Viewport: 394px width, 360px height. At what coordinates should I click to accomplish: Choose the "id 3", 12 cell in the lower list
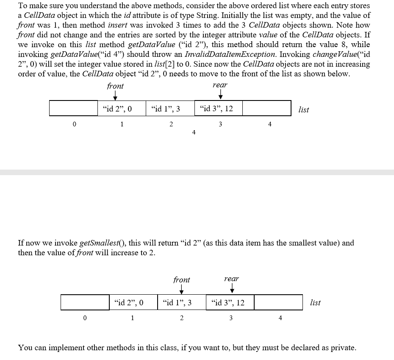pyautogui.click(x=230, y=302)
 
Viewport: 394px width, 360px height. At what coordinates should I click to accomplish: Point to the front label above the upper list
pyautogui.click(x=115, y=86)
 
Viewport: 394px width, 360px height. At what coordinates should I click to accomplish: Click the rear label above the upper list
pyautogui.click(x=220, y=85)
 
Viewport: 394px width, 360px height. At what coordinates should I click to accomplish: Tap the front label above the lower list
pyautogui.click(x=182, y=280)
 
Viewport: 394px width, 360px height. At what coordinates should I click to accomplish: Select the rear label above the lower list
pyautogui.click(x=231, y=279)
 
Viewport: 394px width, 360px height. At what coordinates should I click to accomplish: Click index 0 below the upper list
pyautogui.click(x=74, y=124)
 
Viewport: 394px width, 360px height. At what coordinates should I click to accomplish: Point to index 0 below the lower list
pyautogui.click(x=85, y=318)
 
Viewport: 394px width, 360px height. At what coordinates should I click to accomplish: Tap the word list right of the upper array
pyautogui.click(x=304, y=110)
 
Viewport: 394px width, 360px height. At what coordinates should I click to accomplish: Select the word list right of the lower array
pyautogui.click(x=315, y=303)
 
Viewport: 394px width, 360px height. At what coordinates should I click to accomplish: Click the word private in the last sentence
pyautogui.click(x=343, y=348)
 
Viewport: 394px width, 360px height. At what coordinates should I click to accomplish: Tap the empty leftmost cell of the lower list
pyautogui.click(x=85, y=302)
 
